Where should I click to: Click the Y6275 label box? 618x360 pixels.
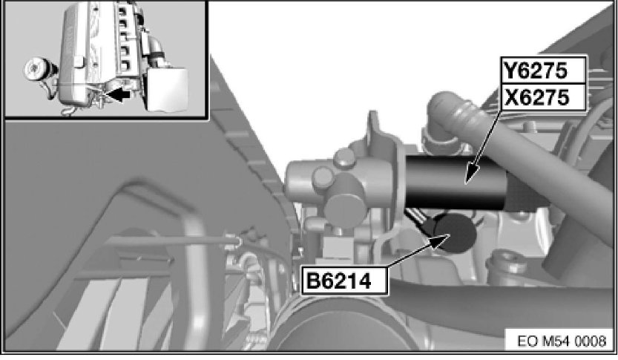click(544, 71)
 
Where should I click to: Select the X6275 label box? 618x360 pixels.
click(544, 97)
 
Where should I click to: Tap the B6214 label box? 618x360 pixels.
click(344, 281)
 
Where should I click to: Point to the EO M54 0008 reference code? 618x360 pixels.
click(562, 341)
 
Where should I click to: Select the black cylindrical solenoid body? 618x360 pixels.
click(456, 182)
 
